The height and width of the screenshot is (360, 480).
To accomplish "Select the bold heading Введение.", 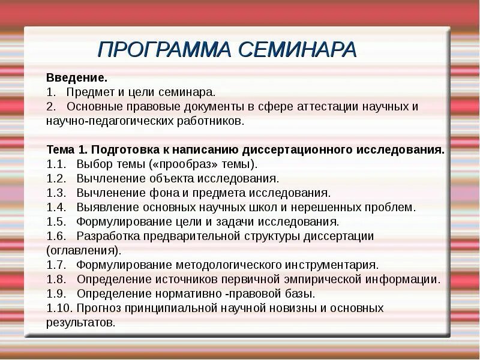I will pos(77,78).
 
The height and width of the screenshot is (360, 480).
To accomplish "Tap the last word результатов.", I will pos(80,323).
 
